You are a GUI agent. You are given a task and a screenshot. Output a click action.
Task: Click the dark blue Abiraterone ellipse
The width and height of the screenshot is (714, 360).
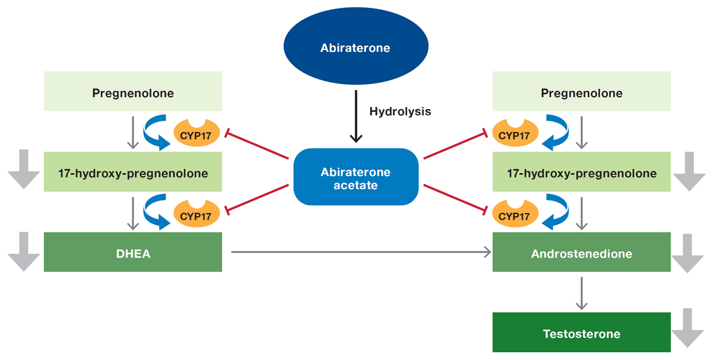click(x=355, y=48)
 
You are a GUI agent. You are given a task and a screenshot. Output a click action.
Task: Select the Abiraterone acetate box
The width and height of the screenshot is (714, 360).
click(x=355, y=179)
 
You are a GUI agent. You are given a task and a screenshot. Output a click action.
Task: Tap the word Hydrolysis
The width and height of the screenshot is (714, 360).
click(x=400, y=111)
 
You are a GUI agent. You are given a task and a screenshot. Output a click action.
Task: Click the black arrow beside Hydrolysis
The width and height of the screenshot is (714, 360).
click(x=355, y=116)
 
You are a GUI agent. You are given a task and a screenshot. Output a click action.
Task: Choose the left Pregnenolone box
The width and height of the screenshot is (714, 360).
click(x=133, y=92)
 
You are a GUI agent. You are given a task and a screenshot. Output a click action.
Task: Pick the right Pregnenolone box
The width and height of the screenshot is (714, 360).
click(x=581, y=92)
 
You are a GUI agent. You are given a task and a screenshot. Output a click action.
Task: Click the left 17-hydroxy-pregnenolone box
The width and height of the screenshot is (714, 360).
click(x=133, y=173)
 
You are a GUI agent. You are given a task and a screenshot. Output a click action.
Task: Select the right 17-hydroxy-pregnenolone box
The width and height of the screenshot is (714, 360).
click(x=581, y=173)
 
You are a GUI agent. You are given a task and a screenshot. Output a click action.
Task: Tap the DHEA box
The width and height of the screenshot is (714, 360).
click(x=133, y=253)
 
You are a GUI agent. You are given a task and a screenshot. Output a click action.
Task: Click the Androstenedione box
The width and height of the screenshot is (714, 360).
click(x=581, y=253)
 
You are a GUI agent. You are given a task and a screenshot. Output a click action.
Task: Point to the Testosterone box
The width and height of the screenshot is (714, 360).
click(x=581, y=333)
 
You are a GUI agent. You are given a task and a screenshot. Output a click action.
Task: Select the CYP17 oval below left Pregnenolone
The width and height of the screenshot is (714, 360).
click(x=196, y=134)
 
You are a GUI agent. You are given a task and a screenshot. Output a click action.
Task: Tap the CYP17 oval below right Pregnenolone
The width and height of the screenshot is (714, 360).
click(x=514, y=134)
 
